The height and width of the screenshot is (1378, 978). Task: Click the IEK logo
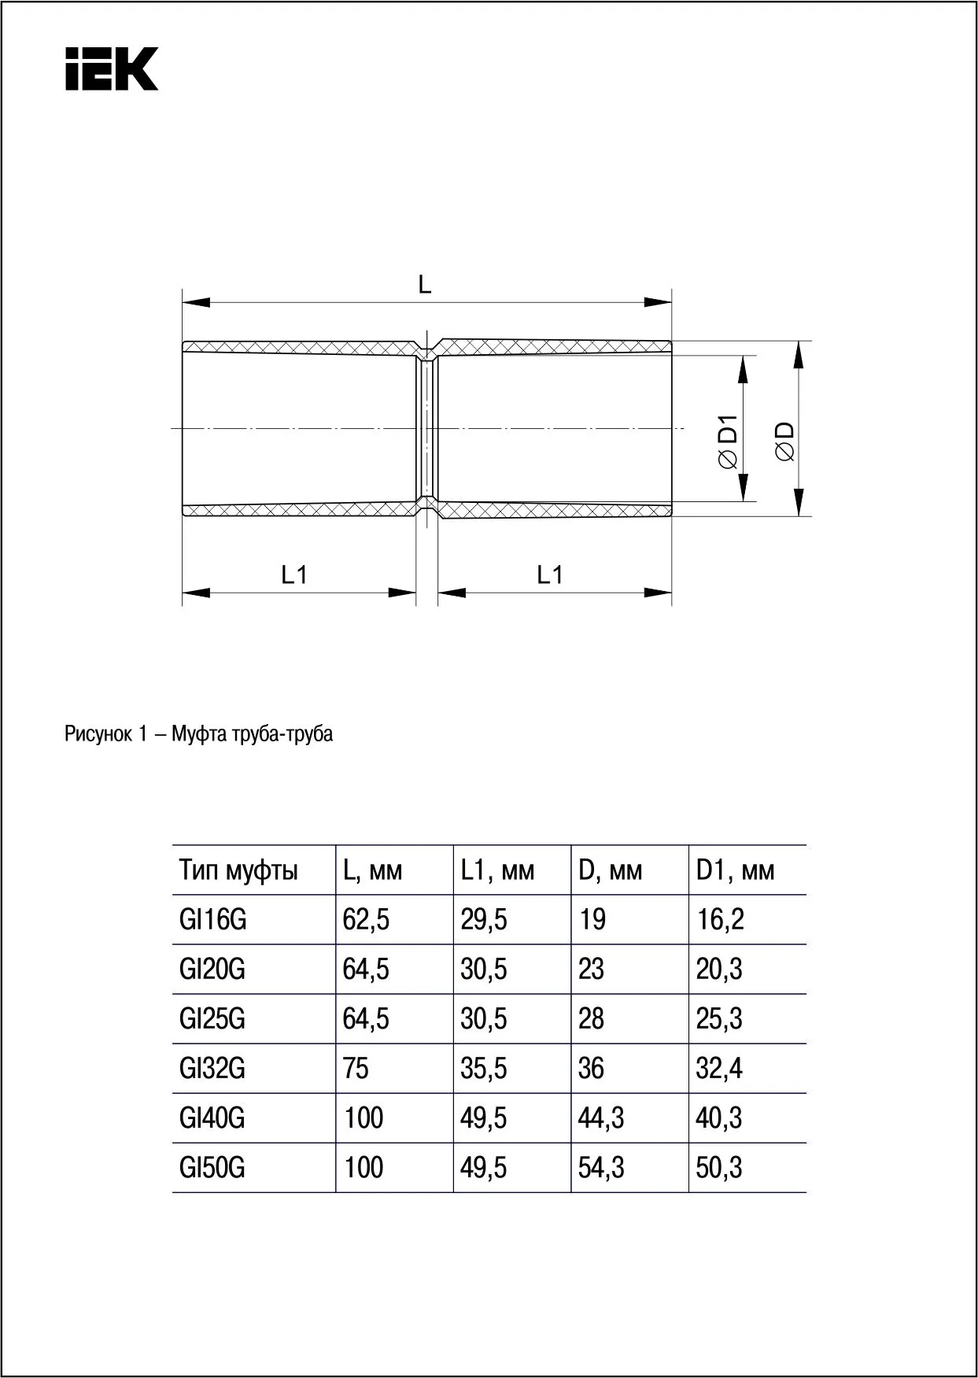(x=112, y=69)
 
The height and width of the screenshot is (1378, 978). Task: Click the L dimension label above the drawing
(x=425, y=285)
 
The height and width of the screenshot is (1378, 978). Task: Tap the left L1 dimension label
(x=294, y=575)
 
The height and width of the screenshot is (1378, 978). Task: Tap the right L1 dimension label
(x=550, y=575)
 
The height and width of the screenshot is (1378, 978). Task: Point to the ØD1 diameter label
(x=729, y=442)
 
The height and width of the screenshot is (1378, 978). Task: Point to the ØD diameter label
(x=785, y=442)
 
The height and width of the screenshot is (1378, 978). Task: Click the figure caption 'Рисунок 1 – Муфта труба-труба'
(x=198, y=734)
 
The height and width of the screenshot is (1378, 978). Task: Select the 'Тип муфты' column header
(x=238, y=870)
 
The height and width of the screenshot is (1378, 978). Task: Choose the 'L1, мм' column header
(x=497, y=870)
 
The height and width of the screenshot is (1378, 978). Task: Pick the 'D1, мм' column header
(x=735, y=870)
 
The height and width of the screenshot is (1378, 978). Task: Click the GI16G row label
(x=212, y=919)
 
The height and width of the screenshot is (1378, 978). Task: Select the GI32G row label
(x=212, y=1069)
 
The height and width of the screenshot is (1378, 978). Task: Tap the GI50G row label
(x=212, y=1168)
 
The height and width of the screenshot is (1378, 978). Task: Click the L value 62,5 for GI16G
(x=366, y=919)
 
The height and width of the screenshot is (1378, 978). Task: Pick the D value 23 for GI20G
(x=591, y=969)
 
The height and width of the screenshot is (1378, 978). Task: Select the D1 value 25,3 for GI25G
(x=718, y=1019)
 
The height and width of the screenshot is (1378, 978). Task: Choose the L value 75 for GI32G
(x=356, y=1069)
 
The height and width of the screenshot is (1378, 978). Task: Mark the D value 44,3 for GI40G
(x=601, y=1118)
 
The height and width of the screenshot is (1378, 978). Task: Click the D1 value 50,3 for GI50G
(x=718, y=1168)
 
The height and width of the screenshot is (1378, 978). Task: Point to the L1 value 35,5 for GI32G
(x=484, y=1069)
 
